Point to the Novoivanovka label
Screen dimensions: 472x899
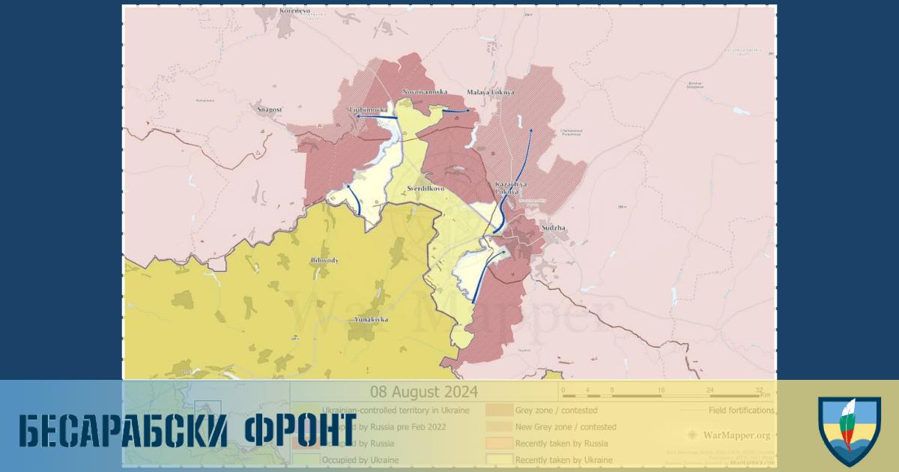click(425, 91)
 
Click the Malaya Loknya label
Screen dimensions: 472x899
click(490, 91)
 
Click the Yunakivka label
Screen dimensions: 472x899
click(371, 319)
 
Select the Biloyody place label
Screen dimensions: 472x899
click(324, 260)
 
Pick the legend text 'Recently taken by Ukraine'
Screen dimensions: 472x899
click(563, 459)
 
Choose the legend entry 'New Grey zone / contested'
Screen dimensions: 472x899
click(566, 426)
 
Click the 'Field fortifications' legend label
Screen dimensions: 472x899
click(741, 410)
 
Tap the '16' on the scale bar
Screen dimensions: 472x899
click(661, 390)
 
